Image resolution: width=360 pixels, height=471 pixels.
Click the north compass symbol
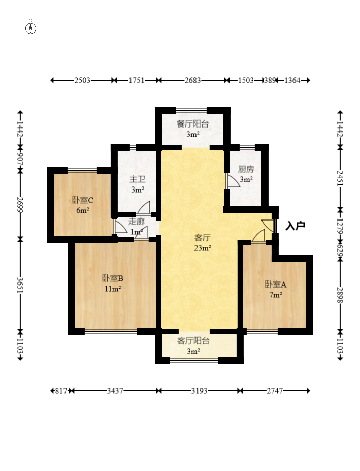point(30,28)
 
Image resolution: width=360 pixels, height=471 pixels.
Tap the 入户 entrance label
point(295,226)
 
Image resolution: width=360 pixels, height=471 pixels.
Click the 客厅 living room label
point(203,238)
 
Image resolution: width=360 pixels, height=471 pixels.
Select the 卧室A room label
point(276,284)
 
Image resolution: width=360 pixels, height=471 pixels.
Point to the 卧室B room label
point(113,278)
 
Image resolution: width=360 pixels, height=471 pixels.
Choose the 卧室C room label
point(83,200)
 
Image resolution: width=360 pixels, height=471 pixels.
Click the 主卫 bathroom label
point(137,179)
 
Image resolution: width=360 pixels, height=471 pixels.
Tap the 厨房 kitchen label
point(246,169)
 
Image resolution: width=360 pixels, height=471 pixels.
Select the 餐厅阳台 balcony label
point(193,124)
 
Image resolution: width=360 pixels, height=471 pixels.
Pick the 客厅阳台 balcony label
point(193,341)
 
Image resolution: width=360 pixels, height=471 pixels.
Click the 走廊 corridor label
point(136,222)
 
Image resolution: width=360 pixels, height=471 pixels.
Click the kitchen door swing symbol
point(233,181)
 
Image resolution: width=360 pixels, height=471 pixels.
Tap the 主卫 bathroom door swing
point(144,207)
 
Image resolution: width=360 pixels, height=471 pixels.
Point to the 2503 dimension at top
point(82,80)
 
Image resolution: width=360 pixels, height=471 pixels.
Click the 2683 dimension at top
point(192,80)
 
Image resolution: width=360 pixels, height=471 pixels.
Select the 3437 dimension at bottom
point(115,391)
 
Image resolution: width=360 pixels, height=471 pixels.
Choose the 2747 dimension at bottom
point(275,391)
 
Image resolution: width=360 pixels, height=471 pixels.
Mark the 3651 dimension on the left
point(20,285)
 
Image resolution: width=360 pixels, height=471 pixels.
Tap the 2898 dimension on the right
point(340,295)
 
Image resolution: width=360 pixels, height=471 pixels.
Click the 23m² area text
point(203,248)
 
